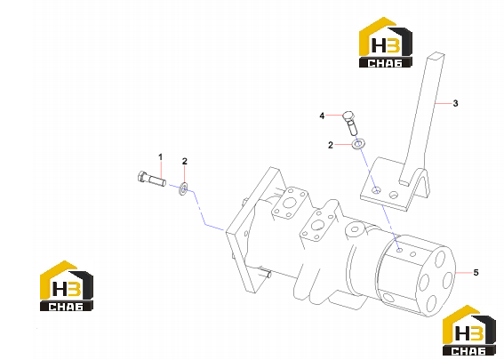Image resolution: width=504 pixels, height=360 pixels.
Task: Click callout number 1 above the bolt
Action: coord(160,157)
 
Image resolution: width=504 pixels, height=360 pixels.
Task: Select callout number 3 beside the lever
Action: coord(455,103)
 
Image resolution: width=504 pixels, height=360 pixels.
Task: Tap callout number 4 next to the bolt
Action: coord(322,116)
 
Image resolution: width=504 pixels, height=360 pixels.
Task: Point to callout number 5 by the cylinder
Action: coord(476,273)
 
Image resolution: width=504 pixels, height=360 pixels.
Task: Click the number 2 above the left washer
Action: coord(185,162)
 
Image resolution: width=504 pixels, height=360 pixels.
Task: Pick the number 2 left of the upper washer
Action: coord(331,145)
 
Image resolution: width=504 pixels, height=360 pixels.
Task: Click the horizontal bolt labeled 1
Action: coord(152,180)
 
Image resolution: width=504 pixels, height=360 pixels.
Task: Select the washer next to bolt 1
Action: coord(183,188)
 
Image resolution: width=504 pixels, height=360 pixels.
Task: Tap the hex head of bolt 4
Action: coord(348,116)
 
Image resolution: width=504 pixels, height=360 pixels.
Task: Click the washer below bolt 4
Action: coord(357,144)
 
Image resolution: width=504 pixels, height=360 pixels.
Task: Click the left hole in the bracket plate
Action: coord(376,190)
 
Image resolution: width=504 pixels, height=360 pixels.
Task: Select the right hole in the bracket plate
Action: coord(394,195)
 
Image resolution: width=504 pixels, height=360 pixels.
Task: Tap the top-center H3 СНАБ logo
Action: coord(386,42)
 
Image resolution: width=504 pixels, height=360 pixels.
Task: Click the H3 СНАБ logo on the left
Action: coord(67,285)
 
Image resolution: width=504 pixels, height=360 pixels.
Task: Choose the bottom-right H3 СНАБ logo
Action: coord(469,330)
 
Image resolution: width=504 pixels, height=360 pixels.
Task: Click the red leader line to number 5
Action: coord(464,273)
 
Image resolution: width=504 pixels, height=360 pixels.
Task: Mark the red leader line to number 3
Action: coord(443,103)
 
